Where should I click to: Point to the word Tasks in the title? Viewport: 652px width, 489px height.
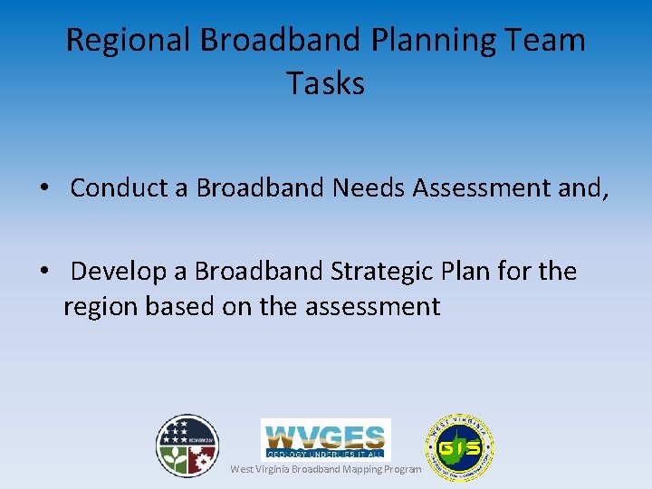[325, 83]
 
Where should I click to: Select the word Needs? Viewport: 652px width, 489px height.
[369, 187]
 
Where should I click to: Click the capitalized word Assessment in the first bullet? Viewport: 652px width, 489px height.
[477, 187]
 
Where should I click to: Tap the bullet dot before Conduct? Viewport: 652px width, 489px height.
[43, 188]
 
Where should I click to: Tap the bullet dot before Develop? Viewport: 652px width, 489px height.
[43, 272]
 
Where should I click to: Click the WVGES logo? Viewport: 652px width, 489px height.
[326, 438]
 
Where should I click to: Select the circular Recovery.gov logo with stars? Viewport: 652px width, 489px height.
[187, 446]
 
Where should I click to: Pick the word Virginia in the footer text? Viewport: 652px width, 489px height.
[273, 469]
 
